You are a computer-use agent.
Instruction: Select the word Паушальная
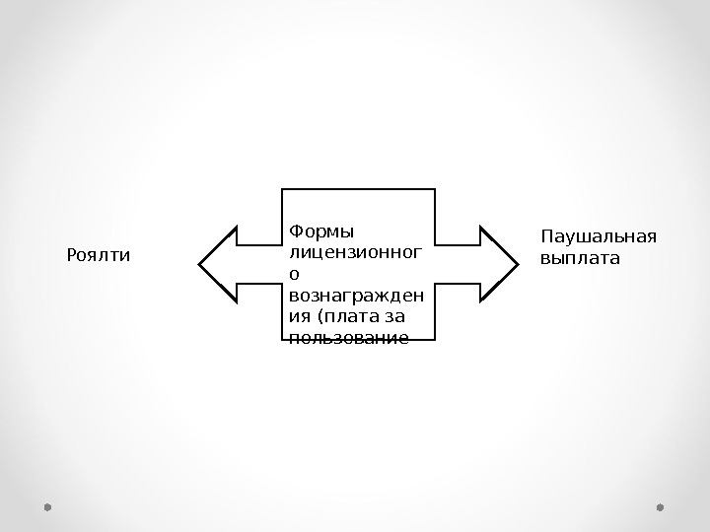point(599,237)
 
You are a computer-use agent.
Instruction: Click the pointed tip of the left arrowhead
point(200,263)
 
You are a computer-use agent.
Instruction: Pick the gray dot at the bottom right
point(660,507)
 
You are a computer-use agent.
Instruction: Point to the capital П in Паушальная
point(548,237)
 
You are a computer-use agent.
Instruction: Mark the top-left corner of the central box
point(281,188)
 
